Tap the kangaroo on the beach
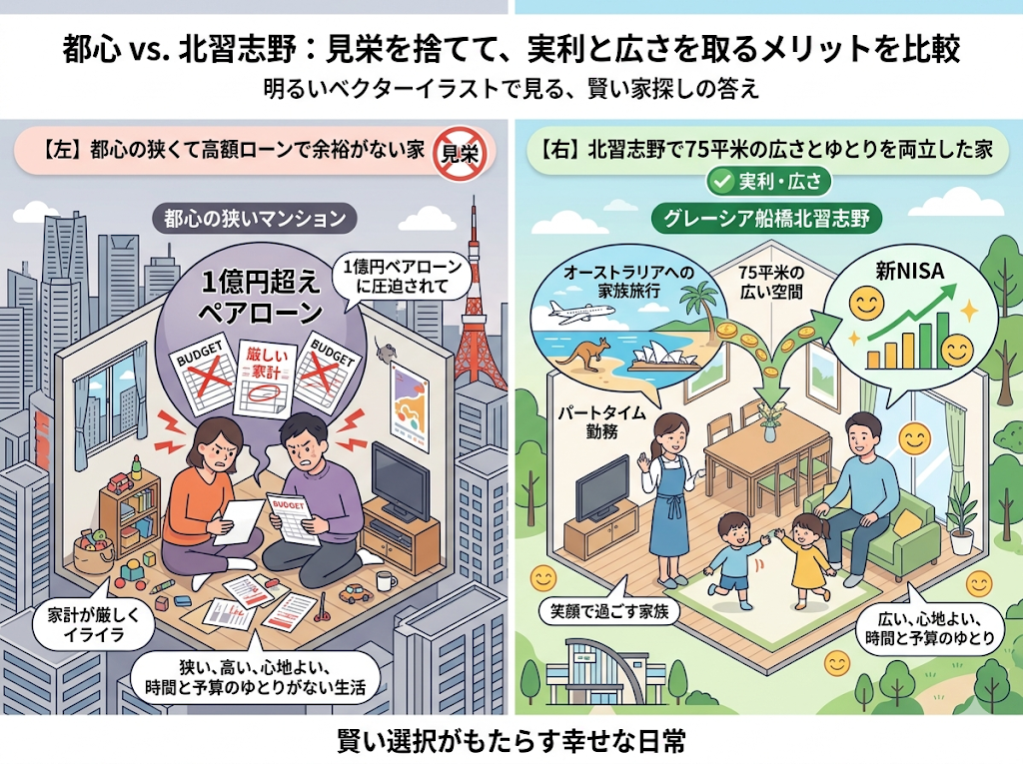click(584, 355)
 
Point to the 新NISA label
click(909, 271)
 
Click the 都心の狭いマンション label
click(255, 218)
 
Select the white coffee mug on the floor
click(386, 580)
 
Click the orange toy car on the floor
click(356, 592)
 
